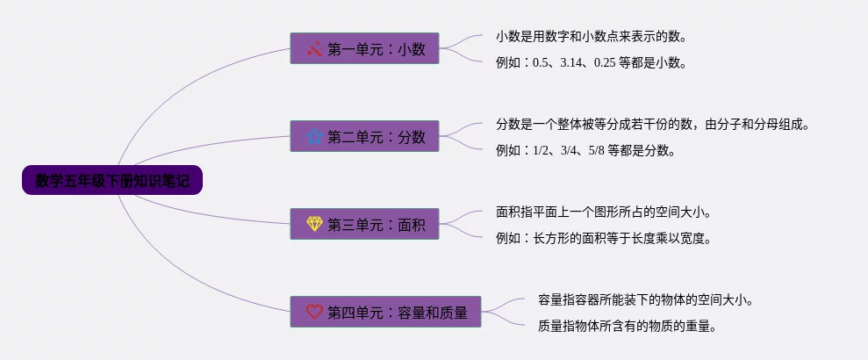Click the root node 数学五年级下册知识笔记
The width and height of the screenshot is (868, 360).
pos(112,181)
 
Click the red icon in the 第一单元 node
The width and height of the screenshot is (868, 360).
pos(315,49)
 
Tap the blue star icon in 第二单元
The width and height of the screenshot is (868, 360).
pos(315,136)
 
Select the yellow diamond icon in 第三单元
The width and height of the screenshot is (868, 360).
pos(315,225)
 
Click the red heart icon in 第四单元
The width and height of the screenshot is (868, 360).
pos(315,312)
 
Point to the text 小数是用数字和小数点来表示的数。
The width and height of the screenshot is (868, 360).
pos(591,37)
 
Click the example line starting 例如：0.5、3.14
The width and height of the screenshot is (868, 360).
pos(591,62)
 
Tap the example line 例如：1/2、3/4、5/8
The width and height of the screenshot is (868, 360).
pos(585,150)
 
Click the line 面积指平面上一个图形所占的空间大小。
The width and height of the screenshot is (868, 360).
pos(603,212)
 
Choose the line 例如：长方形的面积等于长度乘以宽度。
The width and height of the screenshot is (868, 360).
pos(603,238)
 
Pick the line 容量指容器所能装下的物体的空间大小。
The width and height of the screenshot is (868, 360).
pos(645,299)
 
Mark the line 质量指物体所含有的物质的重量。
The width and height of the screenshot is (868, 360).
pos(628,326)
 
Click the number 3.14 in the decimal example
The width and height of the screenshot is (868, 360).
pos(572,63)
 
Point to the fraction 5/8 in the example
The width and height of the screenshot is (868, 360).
pos(597,150)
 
